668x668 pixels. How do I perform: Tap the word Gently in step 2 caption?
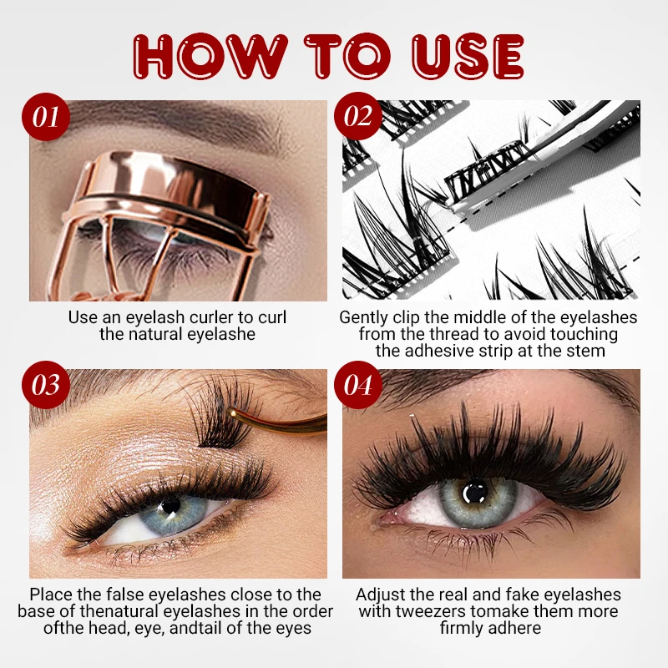point(364,317)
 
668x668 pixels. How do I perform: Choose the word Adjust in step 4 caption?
point(382,595)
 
